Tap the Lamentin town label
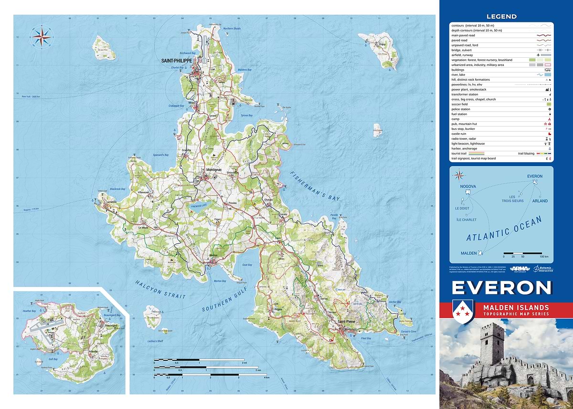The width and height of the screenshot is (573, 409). pos(112,202)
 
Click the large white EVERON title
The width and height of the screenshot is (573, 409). pos(501,288)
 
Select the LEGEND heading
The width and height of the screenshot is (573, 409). pos(501,16)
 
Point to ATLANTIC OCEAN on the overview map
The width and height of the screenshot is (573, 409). pos(504,230)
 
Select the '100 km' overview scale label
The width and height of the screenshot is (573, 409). pos(543,256)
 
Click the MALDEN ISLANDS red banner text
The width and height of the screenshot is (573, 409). pos(516,308)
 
